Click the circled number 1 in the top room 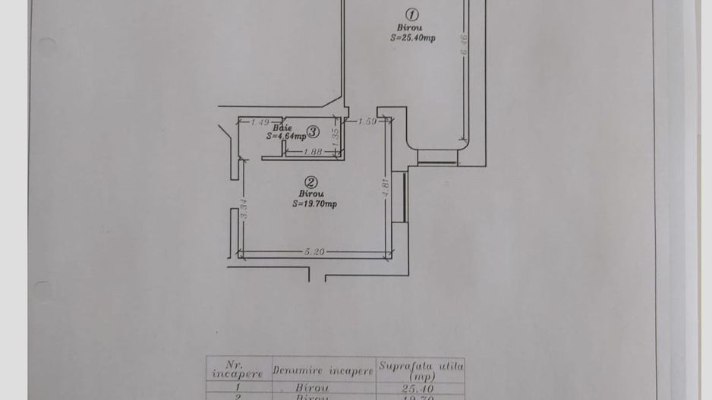[412, 14]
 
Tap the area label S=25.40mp [413, 38]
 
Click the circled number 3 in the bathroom [313, 131]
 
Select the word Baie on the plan [282, 128]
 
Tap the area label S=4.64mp [285, 137]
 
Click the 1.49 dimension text [260, 121]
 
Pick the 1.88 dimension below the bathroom [313, 152]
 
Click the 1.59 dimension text [367, 121]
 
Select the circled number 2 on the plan [311, 182]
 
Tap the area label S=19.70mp [314, 203]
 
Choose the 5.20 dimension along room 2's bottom [314, 252]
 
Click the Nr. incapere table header [238, 370]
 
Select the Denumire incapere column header [323, 371]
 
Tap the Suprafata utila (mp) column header [421, 370]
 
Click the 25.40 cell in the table [417, 388]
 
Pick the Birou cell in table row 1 [312, 388]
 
